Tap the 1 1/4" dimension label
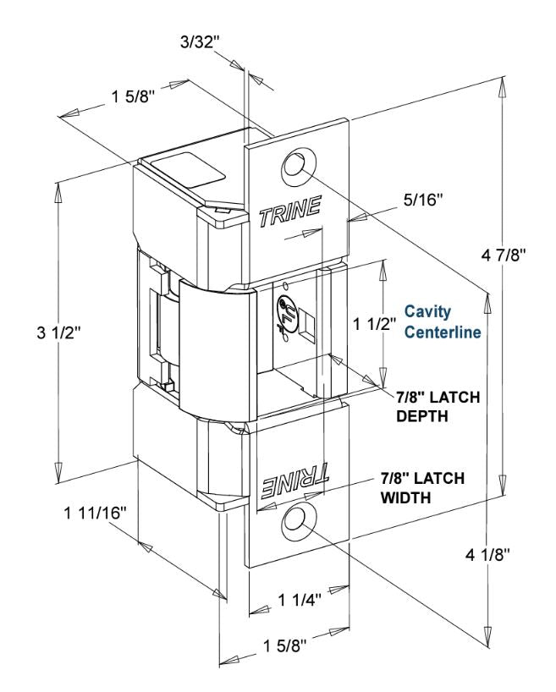[x=300, y=599]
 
